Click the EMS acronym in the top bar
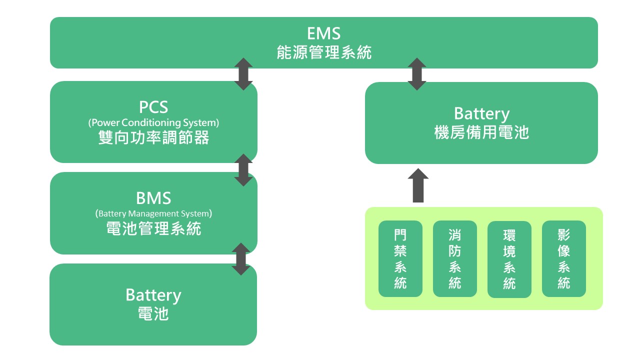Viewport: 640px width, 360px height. coord(323,33)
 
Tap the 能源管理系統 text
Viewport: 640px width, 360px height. coord(323,52)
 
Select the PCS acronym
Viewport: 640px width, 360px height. coord(153,107)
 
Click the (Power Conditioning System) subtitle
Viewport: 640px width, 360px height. coord(153,122)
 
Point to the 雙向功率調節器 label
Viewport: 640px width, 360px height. coord(153,137)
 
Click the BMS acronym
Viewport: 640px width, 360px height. coord(153,198)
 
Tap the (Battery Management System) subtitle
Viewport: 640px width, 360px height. coord(153,213)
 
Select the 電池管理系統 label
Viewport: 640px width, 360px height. coord(153,229)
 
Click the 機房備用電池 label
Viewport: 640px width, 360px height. coord(481,132)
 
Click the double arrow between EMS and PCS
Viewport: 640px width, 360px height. coord(243,74)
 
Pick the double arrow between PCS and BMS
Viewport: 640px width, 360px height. coord(243,170)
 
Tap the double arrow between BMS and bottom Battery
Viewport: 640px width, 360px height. coord(241,259)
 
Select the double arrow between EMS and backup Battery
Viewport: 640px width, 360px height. coord(417,74)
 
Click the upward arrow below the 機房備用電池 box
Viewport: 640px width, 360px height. coord(418,185)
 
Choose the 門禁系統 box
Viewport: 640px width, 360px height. coord(400,258)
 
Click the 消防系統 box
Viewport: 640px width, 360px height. coord(454,258)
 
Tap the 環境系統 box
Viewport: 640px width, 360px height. coord(509,259)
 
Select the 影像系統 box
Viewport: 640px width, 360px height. coord(563,258)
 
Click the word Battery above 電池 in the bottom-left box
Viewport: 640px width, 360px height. coord(153,294)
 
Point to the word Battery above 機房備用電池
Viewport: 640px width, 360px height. coord(481,113)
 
